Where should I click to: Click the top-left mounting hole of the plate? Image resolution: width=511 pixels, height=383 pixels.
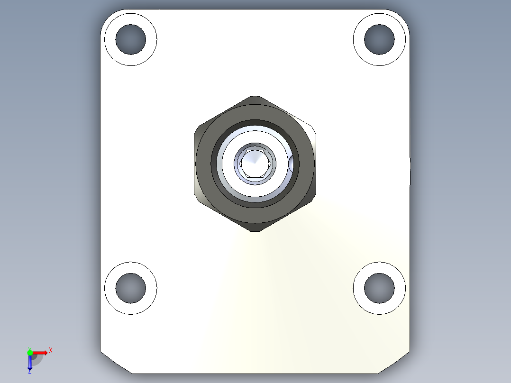pos(130,39)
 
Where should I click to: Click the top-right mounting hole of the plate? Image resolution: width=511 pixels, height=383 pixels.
pos(379,39)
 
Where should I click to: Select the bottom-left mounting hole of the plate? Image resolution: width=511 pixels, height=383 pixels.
pos(130,288)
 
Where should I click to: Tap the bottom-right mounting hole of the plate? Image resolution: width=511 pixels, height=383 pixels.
pos(379,288)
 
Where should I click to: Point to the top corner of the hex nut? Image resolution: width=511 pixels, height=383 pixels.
pos(255,97)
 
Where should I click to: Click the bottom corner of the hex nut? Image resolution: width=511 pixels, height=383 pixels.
pos(255,230)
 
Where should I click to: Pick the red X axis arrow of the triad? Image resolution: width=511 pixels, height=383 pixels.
pos(41,353)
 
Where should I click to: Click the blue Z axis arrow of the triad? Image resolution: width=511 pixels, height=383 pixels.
pos(30,362)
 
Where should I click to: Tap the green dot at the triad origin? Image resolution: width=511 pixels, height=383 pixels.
pos(30,352)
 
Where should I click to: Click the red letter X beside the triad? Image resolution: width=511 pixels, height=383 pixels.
pos(51,351)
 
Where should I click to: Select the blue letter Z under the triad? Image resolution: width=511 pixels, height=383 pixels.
pos(29,371)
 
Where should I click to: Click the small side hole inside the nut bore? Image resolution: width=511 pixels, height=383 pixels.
pos(291,164)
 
